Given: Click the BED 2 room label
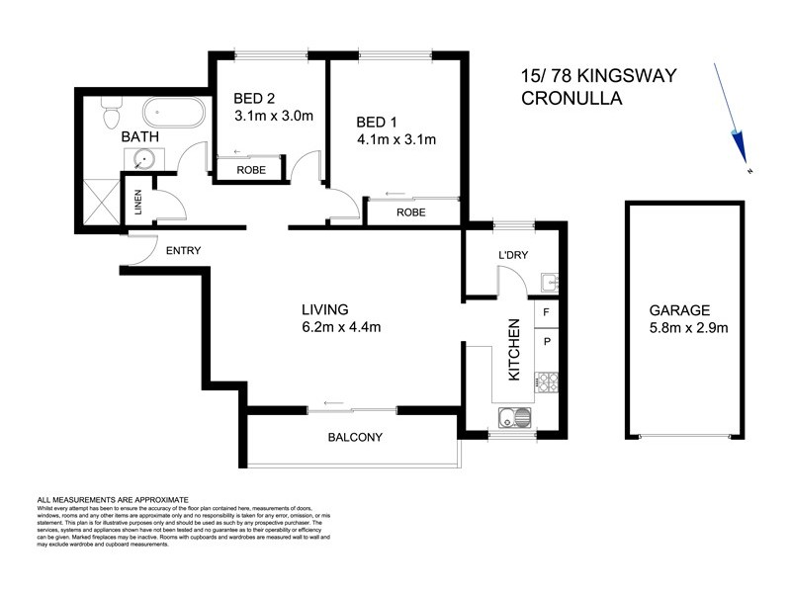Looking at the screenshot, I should (x=255, y=98).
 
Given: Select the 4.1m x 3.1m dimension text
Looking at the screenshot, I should (x=395, y=139).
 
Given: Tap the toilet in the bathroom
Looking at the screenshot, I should (x=110, y=115).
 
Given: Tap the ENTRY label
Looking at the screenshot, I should (x=183, y=251).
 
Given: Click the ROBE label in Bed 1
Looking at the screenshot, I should (x=410, y=212).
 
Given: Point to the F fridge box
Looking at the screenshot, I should (x=547, y=311).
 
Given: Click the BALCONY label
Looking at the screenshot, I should (x=353, y=437).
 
